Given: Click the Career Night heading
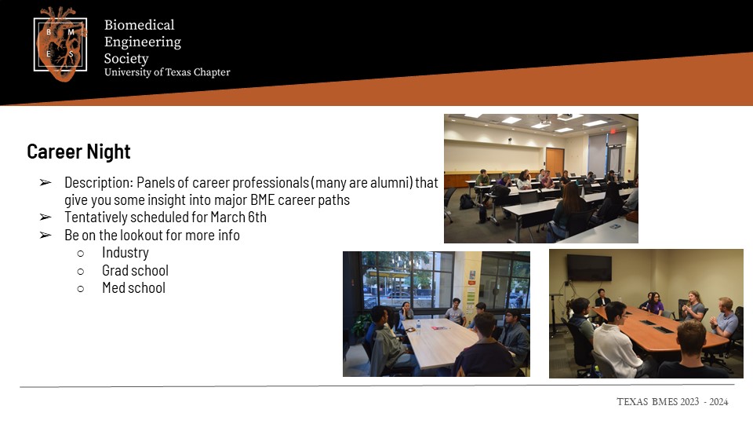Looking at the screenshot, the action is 78,152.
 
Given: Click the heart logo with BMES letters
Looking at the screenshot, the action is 60,44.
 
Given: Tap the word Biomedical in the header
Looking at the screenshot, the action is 140,25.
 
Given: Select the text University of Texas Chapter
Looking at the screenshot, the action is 167,72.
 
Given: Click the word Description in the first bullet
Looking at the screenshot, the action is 99,183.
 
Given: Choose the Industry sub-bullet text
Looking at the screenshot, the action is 125,252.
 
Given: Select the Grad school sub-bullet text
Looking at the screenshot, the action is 135,270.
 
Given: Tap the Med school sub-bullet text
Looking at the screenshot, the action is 133,288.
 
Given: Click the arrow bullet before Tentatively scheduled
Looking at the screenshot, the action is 45,217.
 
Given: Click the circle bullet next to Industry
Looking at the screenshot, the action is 80,254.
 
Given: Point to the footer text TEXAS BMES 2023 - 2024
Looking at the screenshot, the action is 672,402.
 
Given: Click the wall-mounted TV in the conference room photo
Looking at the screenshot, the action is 589,267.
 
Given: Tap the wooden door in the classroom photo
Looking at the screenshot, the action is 555,162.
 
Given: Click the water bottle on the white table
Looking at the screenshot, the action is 418,327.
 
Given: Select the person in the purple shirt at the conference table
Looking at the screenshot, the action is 655,304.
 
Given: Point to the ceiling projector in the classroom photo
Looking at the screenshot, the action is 544,122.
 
